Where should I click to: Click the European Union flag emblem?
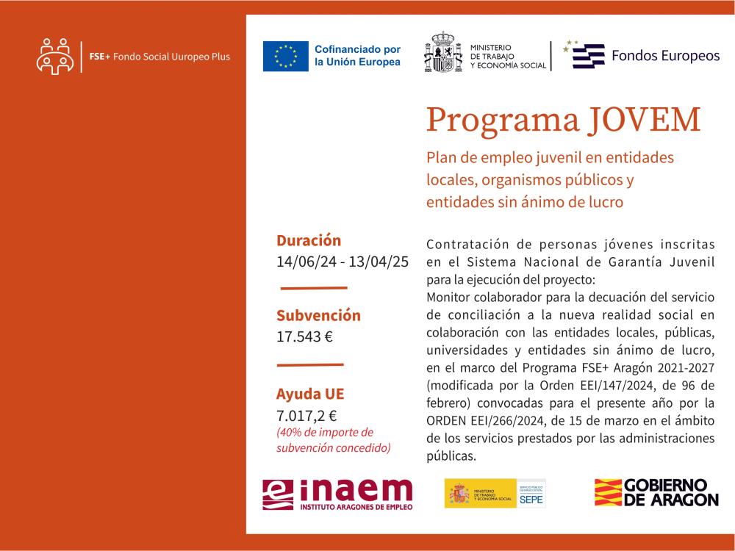[x=286, y=57]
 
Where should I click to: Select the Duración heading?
[x=309, y=240]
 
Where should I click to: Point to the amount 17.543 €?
[x=304, y=337]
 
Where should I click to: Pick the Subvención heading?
[x=318, y=316]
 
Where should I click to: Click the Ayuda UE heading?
[x=309, y=393]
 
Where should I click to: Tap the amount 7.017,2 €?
[x=306, y=415]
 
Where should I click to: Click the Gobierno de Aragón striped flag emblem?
[x=606, y=492]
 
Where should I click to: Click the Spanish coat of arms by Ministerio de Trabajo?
[x=442, y=53]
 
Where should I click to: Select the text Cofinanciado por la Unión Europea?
[x=357, y=57]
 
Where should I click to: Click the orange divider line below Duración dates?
[x=314, y=288]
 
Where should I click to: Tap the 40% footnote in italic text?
[x=333, y=439]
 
